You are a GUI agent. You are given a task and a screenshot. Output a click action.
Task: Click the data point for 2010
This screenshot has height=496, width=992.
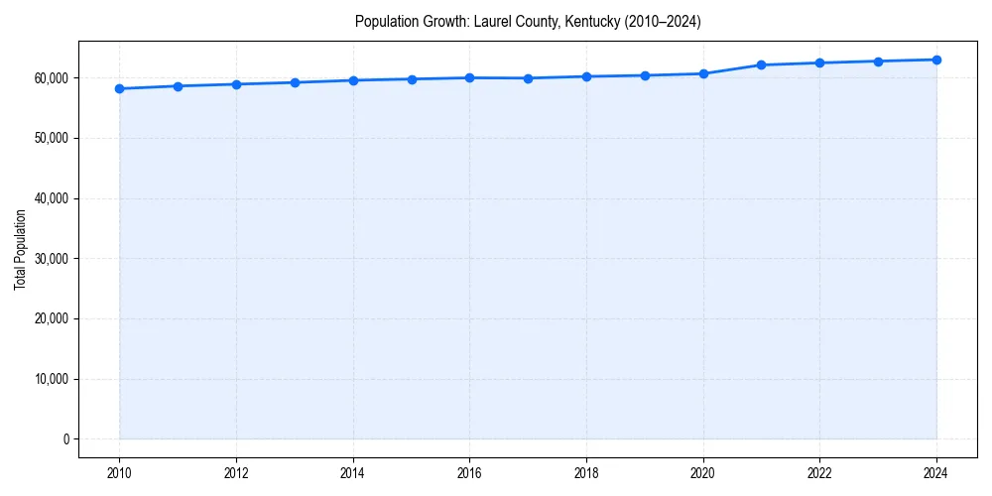pos(119,88)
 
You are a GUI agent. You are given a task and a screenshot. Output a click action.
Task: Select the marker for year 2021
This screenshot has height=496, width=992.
pos(761,64)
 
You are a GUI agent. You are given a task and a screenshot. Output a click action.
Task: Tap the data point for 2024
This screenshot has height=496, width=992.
pos(936,60)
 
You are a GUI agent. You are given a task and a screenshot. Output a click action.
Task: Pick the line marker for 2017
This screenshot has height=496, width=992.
pos(528,78)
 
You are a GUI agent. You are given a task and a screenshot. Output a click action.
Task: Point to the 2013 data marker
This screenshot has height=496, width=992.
pos(295,82)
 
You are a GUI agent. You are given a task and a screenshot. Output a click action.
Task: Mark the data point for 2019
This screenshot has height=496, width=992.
pos(645,75)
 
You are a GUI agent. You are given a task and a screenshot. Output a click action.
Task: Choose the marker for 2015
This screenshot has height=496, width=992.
pos(411,79)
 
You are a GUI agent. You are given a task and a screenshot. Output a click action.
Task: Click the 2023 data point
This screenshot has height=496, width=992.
pos(878,62)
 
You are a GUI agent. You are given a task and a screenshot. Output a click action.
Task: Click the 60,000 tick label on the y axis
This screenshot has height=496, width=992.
pos(51,77)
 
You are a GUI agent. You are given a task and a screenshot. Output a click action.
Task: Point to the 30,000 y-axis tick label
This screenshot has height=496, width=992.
pos(51,259)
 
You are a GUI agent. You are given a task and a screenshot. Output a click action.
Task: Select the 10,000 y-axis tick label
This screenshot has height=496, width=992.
pos(51,379)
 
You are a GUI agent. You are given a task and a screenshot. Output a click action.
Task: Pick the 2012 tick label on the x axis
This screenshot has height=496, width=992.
pos(236,473)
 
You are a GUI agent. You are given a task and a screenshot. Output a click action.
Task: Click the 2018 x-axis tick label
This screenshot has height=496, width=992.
pos(586,473)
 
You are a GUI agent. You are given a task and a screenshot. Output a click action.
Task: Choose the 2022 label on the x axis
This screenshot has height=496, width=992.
pos(819,473)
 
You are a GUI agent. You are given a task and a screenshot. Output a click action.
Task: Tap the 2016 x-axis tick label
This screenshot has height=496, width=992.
pos(469,473)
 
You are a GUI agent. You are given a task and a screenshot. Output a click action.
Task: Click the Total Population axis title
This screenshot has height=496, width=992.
pos(20,249)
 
